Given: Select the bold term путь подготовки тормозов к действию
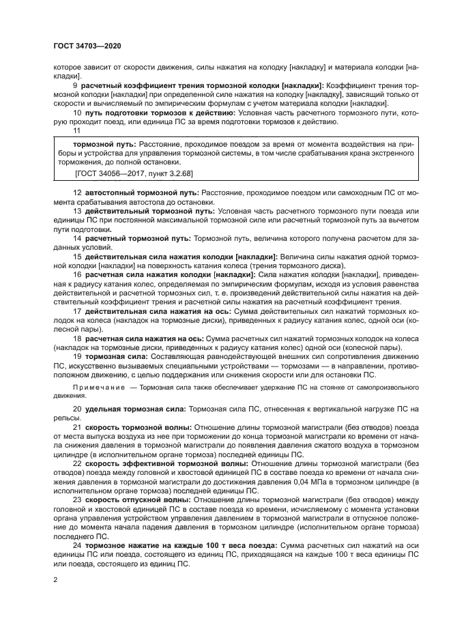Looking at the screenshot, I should tap(160, 111).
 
